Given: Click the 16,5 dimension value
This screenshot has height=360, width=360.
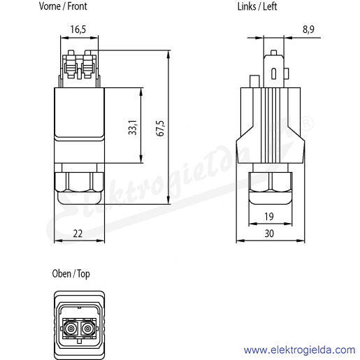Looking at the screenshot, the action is pos(78,29).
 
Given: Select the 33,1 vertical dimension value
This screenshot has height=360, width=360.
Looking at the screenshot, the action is pos(133,127).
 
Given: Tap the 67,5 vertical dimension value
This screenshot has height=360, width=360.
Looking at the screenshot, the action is pos(161,129).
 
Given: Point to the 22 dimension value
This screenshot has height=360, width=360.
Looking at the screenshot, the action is pos(78,233).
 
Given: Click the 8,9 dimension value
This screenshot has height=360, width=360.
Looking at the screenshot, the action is pos(308,29).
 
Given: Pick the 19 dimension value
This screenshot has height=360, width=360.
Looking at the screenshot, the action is pos(269,217).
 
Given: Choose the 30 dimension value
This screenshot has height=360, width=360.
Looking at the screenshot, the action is pos(269,233).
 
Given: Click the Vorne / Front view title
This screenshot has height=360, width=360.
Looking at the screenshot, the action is pos(63,6).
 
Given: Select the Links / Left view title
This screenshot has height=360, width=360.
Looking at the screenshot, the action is pos(257,6).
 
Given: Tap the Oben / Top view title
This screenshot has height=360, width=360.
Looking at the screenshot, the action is pos(71,274).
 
